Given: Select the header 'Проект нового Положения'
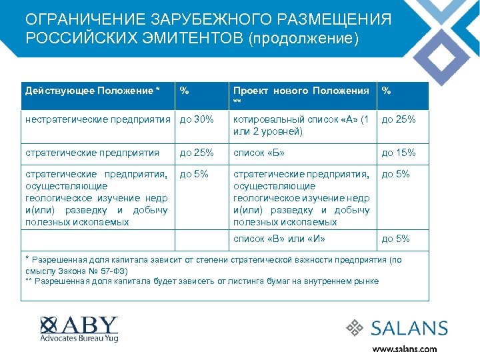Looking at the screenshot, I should pyautogui.click(x=301, y=91).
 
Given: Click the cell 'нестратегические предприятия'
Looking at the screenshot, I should pyautogui.click(x=97, y=119).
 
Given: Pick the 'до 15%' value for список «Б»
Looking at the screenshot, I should pyautogui.click(x=398, y=153).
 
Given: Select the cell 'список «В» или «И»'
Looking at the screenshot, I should pyautogui.click(x=279, y=239).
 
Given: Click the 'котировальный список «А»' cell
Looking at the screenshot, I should pyautogui.click(x=300, y=125).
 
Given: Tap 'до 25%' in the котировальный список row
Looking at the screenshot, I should pyautogui.click(x=398, y=119).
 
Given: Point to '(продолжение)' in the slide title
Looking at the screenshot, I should pyautogui.click(x=303, y=37).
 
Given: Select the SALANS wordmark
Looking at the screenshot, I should pyautogui.click(x=409, y=328).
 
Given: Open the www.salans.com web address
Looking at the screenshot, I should pyautogui.click(x=405, y=349).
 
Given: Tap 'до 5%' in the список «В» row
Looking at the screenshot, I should pyautogui.click(x=395, y=239).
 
